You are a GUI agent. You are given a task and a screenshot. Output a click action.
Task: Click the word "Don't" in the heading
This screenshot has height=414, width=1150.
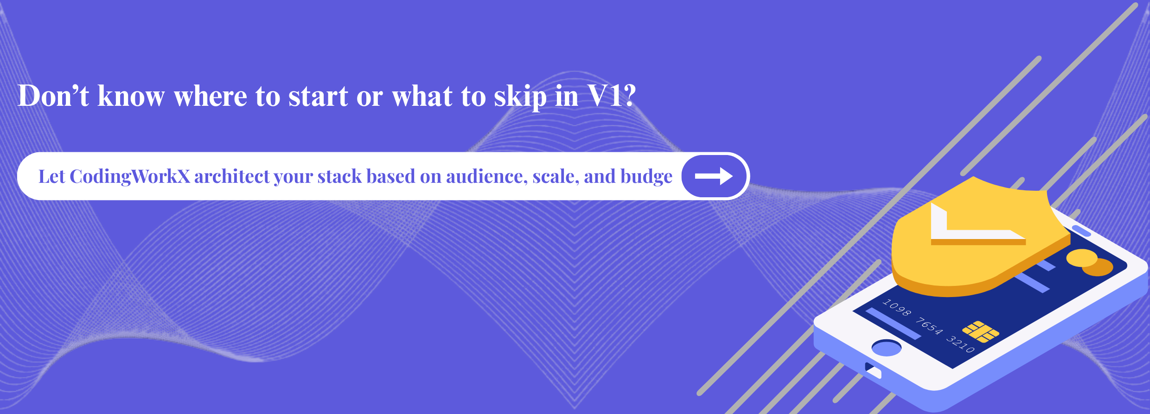click(53, 96)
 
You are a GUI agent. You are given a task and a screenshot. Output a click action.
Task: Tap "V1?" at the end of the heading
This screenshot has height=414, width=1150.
click(612, 96)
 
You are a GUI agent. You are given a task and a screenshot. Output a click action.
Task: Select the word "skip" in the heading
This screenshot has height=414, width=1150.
click(520, 97)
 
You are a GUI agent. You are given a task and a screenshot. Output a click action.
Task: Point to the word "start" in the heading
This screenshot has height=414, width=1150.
click(318, 97)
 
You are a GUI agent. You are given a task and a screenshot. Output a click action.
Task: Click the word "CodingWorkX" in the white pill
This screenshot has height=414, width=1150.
click(130, 177)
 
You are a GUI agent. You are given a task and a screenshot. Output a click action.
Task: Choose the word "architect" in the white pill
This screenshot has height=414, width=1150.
click(231, 176)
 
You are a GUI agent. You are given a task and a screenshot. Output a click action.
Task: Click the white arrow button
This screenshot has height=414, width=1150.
click(714, 176)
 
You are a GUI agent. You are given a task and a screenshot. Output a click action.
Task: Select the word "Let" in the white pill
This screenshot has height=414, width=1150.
click(52, 176)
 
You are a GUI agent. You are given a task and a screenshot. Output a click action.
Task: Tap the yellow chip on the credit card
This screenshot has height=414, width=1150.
click(981, 332)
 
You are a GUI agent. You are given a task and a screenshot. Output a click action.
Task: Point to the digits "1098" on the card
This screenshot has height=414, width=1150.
click(897, 308)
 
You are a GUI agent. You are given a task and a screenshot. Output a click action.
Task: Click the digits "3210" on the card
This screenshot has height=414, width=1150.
click(960, 344)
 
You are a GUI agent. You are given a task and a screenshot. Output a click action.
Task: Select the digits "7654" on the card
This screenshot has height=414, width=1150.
click(929, 326)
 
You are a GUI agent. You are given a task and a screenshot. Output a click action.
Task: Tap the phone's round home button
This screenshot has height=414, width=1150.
click(887, 348)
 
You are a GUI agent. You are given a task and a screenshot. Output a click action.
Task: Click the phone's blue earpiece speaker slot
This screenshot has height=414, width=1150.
click(1081, 230)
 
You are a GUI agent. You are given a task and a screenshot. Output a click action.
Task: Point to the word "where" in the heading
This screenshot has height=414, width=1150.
click(211, 97)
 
